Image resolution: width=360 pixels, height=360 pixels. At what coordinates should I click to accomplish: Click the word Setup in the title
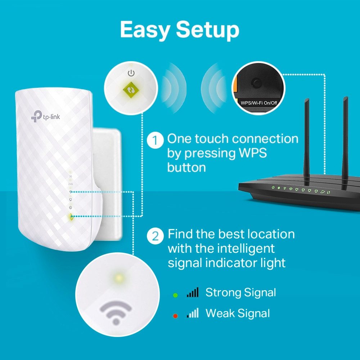[x=208, y=30]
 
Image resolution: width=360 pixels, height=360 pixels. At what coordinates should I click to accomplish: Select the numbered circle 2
[x=155, y=236]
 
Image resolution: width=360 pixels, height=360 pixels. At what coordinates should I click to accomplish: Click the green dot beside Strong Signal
[x=175, y=295]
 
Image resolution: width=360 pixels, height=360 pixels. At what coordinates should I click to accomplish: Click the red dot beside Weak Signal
[x=175, y=316]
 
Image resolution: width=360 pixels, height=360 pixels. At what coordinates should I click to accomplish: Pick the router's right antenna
[x=345, y=140]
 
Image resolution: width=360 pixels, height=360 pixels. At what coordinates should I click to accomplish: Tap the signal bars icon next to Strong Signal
[x=193, y=293]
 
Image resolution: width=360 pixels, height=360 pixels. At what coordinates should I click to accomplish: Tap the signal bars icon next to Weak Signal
[x=193, y=314]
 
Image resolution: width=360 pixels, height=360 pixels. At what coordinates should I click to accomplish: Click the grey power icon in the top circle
[x=131, y=73]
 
